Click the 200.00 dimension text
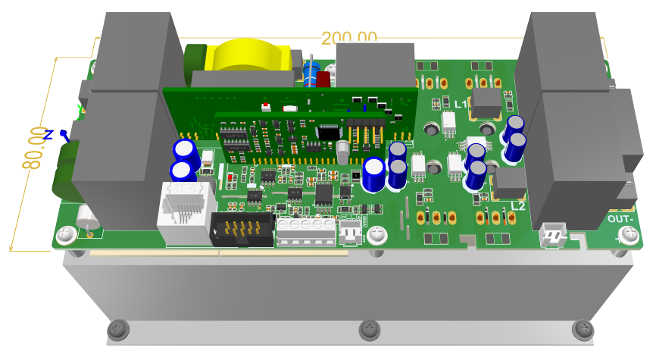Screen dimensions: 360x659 (349, 37)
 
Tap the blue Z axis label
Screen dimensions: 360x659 (48, 135)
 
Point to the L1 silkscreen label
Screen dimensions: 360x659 (461, 103)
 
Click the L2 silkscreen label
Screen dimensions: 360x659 (518, 205)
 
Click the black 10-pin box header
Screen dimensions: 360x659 (241, 229)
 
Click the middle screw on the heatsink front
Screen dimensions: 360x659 (369, 329)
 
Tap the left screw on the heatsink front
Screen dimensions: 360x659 (117, 329)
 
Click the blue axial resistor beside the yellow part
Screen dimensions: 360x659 (309, 72)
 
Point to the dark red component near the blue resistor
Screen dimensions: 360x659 (323, 80)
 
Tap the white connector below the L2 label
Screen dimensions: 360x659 (553, 236)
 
